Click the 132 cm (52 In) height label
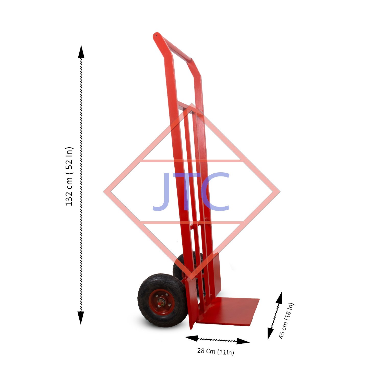pyautogui.click(x=69, y=176)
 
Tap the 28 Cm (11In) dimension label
pyautogui.click(x=216, y=352)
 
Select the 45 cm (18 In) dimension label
pyautogui.click(x=286, y=321)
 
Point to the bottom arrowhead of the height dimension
pyautogui.click(x=81, y=318)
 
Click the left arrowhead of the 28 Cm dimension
pyautogui.click(x=191, y=338)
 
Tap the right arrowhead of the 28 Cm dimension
pyautogui.click(x=243, y=341)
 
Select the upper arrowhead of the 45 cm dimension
pyautogui.click(x=279, y=298)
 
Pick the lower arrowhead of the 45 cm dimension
pyautogui.click(x=270, y=333)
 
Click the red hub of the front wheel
pyautogui.click(x=162, y=302)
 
